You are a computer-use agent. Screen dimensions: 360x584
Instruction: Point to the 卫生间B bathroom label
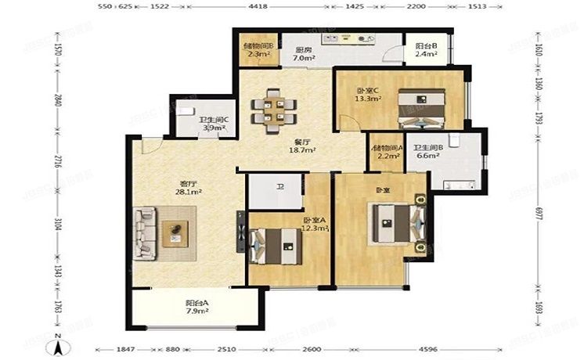pos(429,147)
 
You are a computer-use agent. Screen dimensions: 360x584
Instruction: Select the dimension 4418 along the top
pos(258,7)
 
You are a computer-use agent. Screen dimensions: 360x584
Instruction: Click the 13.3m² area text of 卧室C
pos(368,99)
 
